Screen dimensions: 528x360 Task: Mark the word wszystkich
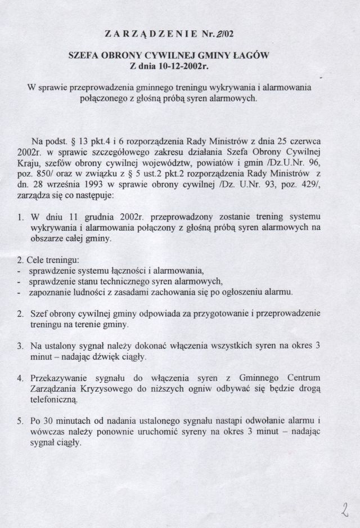point(240,346)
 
